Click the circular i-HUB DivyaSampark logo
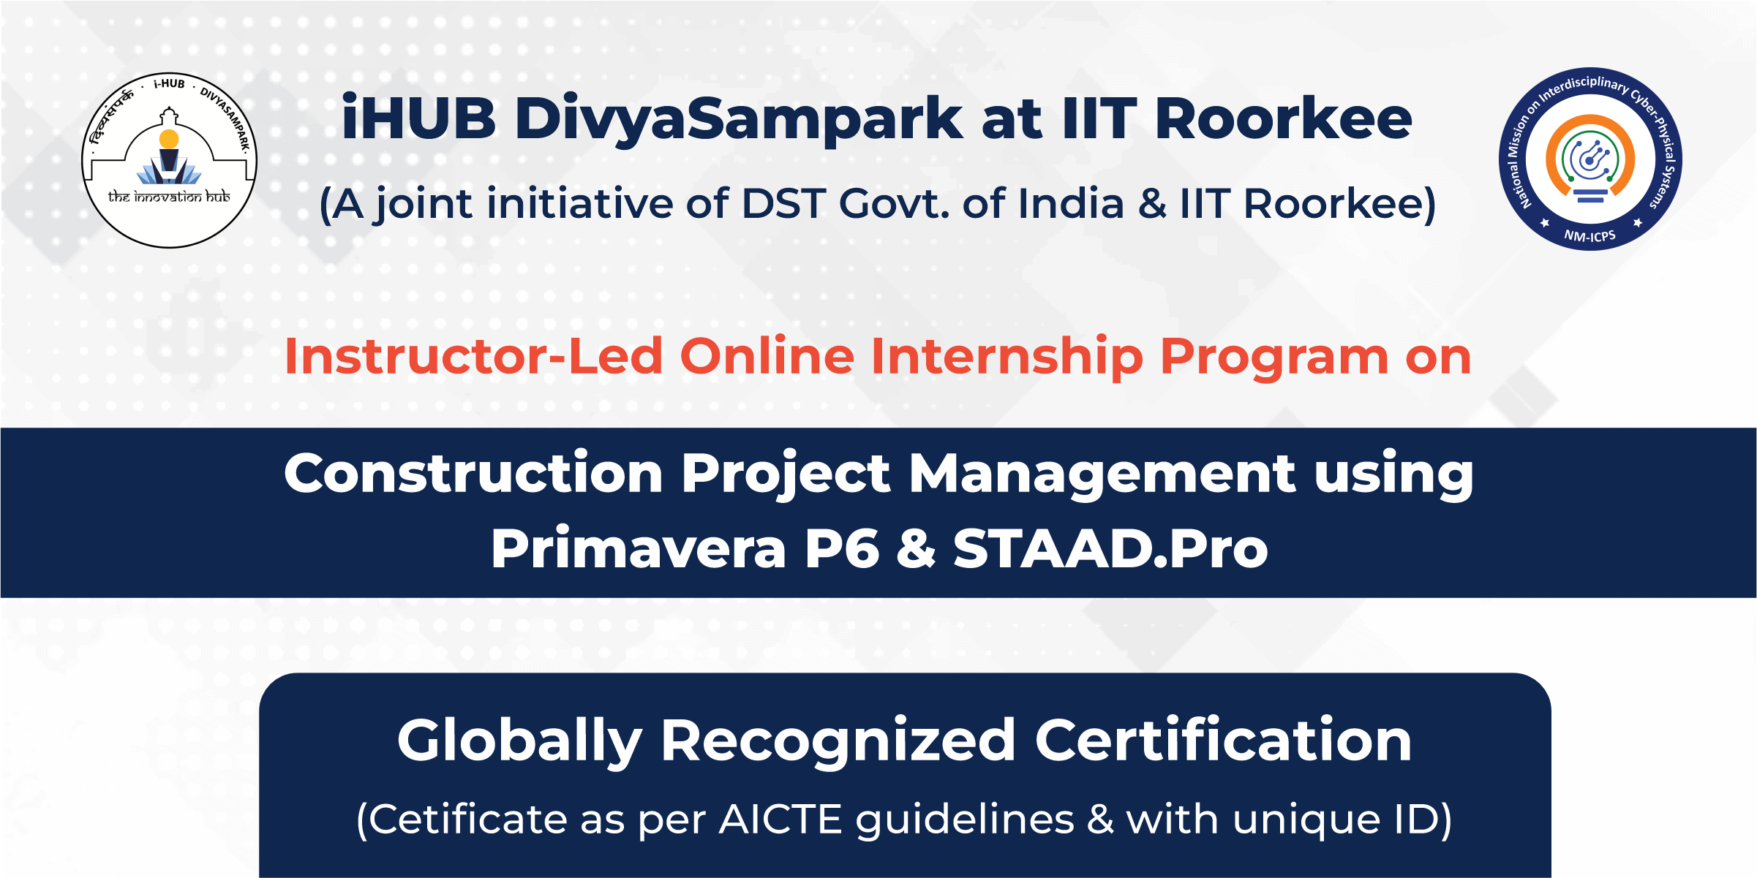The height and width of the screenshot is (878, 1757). coord(169,160)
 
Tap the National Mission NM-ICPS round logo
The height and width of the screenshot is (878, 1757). coord(1590,159)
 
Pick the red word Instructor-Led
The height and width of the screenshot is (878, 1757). coord(474,356)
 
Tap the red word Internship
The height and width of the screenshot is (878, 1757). coord(1007,357)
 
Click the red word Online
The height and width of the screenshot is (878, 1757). coord(767,356)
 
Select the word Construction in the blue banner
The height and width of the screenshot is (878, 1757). coord(473,473)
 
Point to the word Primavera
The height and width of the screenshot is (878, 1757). coord(639,548)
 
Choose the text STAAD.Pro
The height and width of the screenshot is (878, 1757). coord(1110,548)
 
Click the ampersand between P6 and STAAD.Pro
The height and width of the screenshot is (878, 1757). coord(916,548)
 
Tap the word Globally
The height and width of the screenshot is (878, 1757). coord(520,741)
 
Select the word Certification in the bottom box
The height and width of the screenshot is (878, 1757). coord(1223,740)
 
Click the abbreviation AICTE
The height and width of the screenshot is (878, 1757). coord(781,819)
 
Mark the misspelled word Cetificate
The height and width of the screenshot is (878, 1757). coord(467,819)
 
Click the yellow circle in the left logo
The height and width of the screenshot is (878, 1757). coord(169,139)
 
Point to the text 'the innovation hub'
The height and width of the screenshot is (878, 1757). coord(169,197)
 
